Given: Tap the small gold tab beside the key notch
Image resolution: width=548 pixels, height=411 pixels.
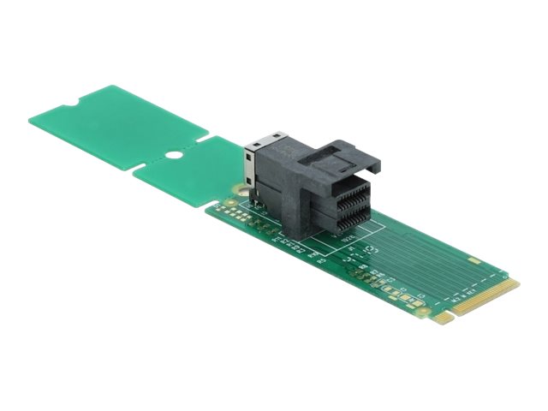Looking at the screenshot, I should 443,318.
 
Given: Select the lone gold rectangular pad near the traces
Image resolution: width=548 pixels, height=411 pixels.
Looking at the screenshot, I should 472,258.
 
